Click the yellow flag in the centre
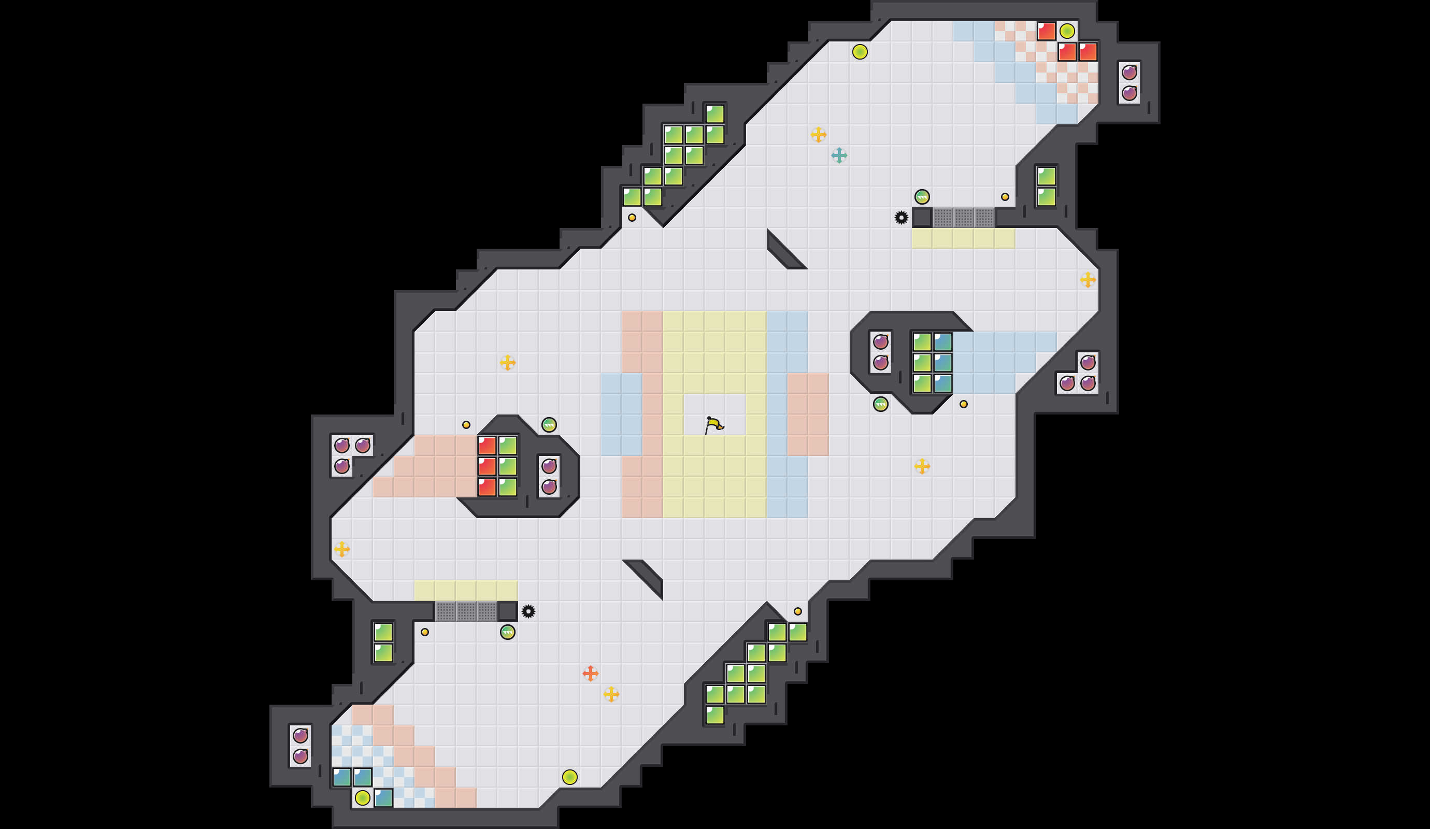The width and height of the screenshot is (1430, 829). pyautogui.click(x=714, y=425)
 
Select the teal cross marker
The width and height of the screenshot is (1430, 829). pyautogui.click(x=839, y=155)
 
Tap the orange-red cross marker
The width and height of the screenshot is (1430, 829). pyautogui.click(x=590, y=673)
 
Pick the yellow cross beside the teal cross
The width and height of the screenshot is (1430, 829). pyautogui.click(x=818, y=135)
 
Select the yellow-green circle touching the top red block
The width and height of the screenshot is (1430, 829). pyautogui.click(x=1067, y=31)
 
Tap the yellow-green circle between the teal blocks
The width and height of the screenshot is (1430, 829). pyautogui.click(x=362, y=798)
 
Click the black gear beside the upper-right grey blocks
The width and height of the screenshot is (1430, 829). pyautogui.click(x=901, y=217)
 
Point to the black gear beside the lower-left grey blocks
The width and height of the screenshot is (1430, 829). pyautogui.click(x=528, y=611)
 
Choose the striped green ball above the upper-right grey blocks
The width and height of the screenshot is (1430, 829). pyautogui.click(x=922, y=197)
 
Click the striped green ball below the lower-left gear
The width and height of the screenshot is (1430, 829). pyautogui.click(x=507, y=632)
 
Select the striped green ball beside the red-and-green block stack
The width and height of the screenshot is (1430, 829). pyautogui.click(x=549, y=424)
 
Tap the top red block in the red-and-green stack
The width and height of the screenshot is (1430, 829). pyautogui.click(x=487, y=446)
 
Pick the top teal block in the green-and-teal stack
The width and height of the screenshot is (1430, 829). pyautogui.click(x=942, y=342)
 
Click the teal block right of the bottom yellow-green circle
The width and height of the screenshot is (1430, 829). pyautogui.click(x=383, y=798)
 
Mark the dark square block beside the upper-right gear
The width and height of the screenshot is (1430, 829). pyautogui.click(x=922, y=217)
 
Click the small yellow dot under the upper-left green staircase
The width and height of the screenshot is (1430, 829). pyautogui.click(x=632, y=217)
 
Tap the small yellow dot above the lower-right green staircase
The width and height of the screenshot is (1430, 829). pyautogui.click(x=797, y=611)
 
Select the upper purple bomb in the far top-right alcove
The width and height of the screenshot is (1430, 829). pyautogui.click(x=1129, y=72)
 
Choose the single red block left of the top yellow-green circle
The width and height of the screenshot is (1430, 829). pyautogui.click(x=1046, y=31)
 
